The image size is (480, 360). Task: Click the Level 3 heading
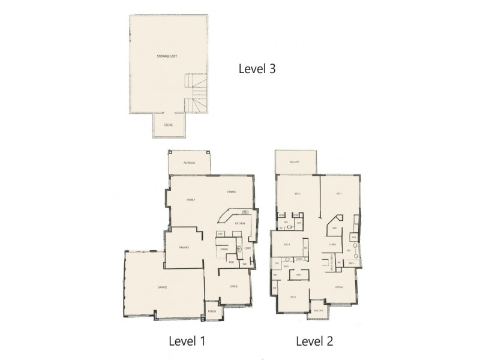pos(257,69)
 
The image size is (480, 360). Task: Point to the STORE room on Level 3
pos(169,125)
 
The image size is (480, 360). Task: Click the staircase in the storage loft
pos(197,93)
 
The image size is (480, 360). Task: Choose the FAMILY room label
pos(191,200)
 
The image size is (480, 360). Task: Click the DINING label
pos(232,192)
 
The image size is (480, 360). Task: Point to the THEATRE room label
pos(184,247)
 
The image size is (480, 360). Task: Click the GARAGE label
pos(162,288)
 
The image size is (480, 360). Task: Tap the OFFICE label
pos(234,287)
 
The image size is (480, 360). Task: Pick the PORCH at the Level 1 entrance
pos(211,312)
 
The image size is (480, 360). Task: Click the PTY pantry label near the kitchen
pos(220,233)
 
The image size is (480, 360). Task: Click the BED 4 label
pos(287,245)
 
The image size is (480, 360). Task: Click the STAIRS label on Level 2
pos(331,245)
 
